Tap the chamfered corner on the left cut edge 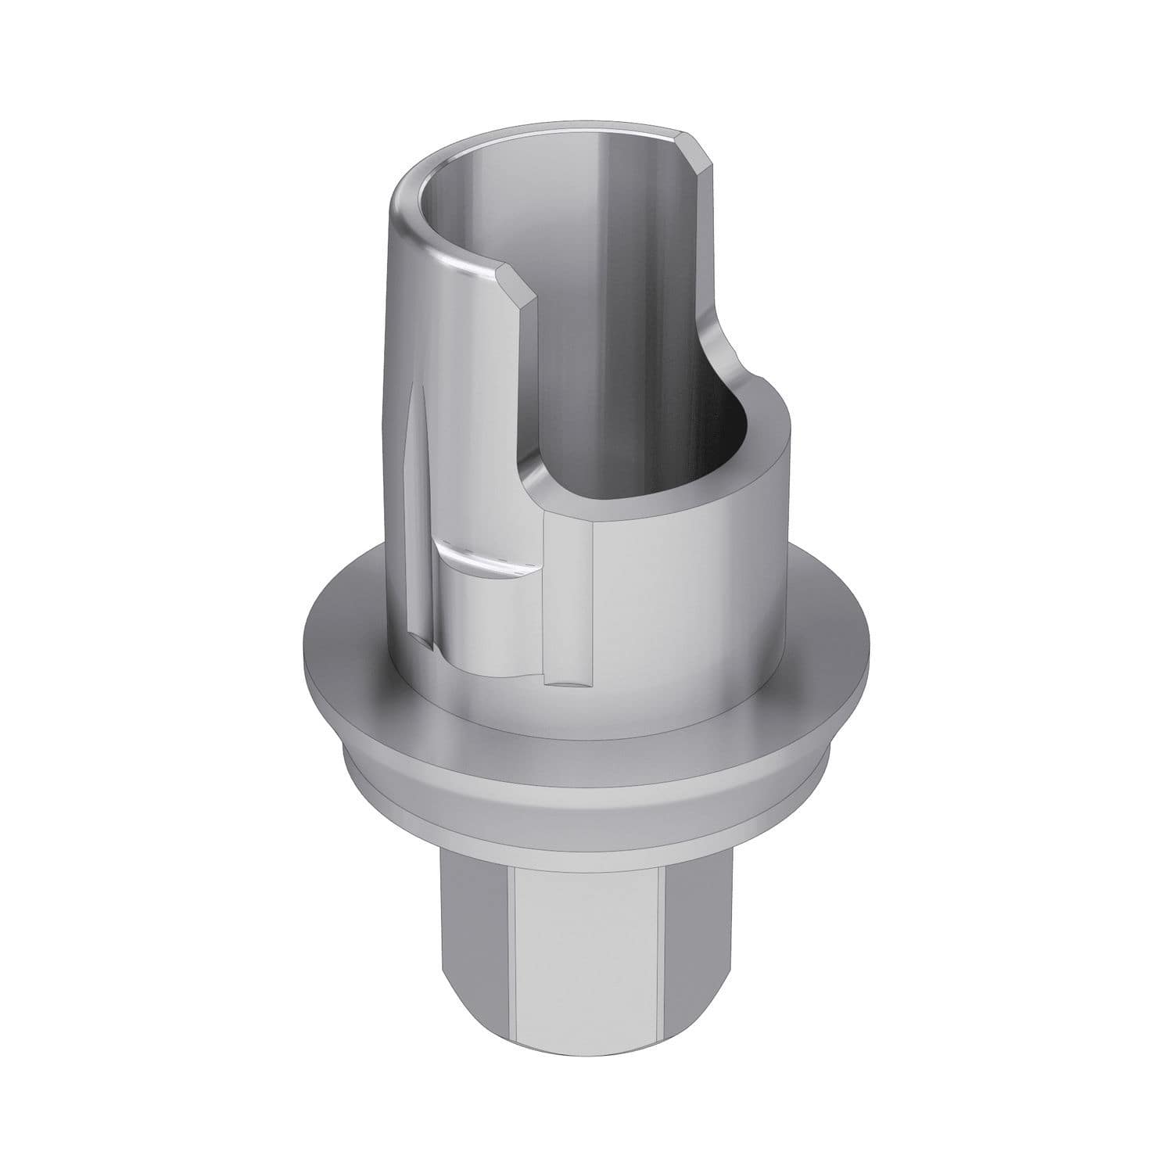[x=518, y=282]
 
